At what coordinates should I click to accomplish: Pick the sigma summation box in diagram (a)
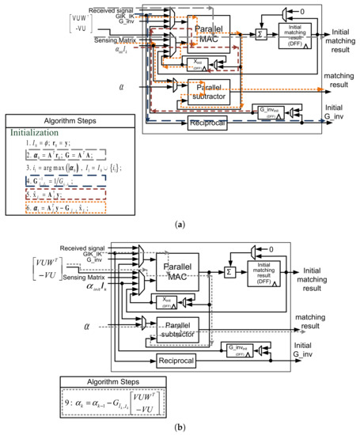[x=256, y=34]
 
